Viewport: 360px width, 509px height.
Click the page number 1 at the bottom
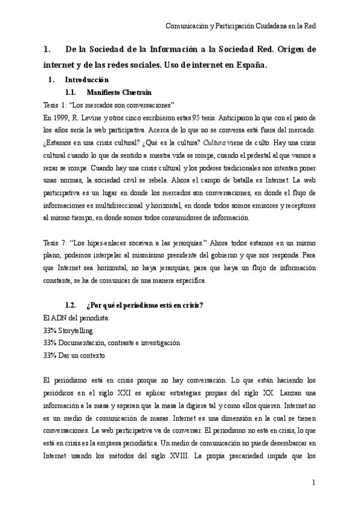[313, 483]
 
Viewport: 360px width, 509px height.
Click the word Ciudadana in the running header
[266, 26]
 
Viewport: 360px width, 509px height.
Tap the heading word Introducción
[86, 80]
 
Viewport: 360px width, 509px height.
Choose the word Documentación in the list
[83, 343]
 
